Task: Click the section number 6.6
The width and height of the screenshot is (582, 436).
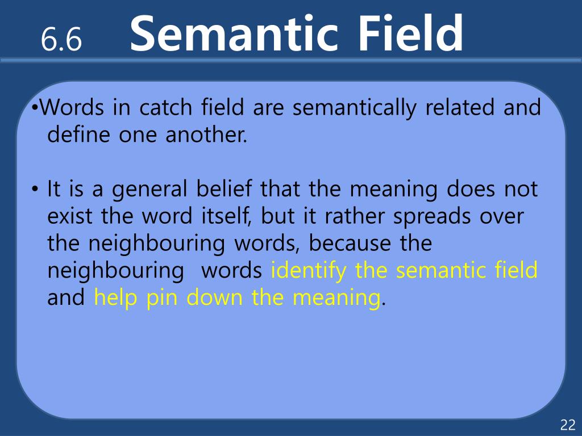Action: pyautogui.click(x=61, y=39)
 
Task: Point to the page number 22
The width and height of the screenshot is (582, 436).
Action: pyautogui.click(x=568, y=425)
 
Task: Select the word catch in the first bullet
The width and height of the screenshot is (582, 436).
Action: pyautogui.click(x=165, y=107)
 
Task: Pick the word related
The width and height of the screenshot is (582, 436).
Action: pyautogui.click(x=459, y=107)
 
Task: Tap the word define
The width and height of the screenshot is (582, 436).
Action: pyautogui.click(x=78, y=134)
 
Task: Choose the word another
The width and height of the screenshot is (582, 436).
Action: pyautogui.click(x=206, y=134)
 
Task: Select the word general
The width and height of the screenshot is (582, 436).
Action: pyautogui.click(x=149, y=190)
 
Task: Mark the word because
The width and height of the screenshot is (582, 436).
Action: pyautogui.click(x=350, y=243)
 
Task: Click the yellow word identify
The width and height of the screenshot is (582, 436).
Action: pyautogui.click(x=308, y=271)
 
